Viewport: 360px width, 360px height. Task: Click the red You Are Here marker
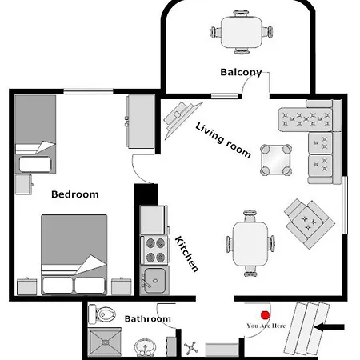265,315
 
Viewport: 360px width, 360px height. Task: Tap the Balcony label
241,72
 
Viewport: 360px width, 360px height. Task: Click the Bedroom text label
75,194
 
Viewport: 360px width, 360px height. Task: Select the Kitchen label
186,254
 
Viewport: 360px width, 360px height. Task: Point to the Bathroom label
148,318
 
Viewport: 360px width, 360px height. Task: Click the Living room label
223,140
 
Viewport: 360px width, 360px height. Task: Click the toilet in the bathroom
102,314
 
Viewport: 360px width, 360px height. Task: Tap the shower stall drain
106,342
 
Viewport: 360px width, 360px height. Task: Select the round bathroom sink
145,347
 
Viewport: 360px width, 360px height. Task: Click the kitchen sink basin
155,280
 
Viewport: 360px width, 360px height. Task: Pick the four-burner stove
154,250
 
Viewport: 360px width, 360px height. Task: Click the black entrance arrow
330,327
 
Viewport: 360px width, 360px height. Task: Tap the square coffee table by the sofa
276,160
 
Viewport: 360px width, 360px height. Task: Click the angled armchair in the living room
310,223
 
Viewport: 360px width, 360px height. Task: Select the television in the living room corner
182,119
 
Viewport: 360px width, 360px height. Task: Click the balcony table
241,32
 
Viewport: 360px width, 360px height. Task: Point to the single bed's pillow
35,164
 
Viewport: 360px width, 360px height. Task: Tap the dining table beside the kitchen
250,244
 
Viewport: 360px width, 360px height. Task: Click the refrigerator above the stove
153,220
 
